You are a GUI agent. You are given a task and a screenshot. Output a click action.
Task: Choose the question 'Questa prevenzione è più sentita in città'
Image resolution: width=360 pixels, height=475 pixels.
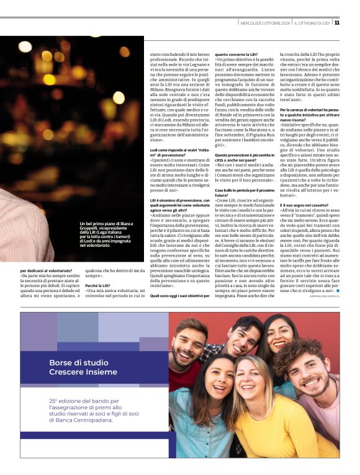click(x=245, y=154)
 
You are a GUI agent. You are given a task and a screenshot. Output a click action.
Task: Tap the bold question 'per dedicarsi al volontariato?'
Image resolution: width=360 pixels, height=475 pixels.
click(x=46, y=270)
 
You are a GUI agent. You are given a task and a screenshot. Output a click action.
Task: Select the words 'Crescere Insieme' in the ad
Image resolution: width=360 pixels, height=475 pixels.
click(x=83, y=372)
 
